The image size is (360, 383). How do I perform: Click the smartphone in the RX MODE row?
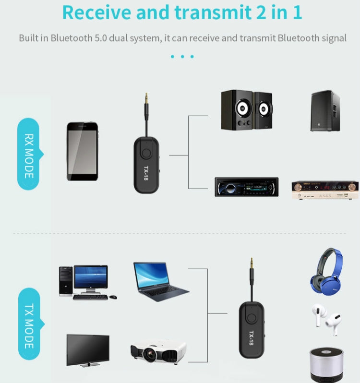(82, 151)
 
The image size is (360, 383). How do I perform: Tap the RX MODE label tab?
(29, 155)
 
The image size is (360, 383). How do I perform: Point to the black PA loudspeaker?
(325, 111)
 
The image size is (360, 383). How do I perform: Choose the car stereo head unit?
(246, 187)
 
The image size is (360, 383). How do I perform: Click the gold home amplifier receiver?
(325, 190)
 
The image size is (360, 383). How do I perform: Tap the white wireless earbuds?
(325, 318)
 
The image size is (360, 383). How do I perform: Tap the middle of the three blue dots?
(182, 57)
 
